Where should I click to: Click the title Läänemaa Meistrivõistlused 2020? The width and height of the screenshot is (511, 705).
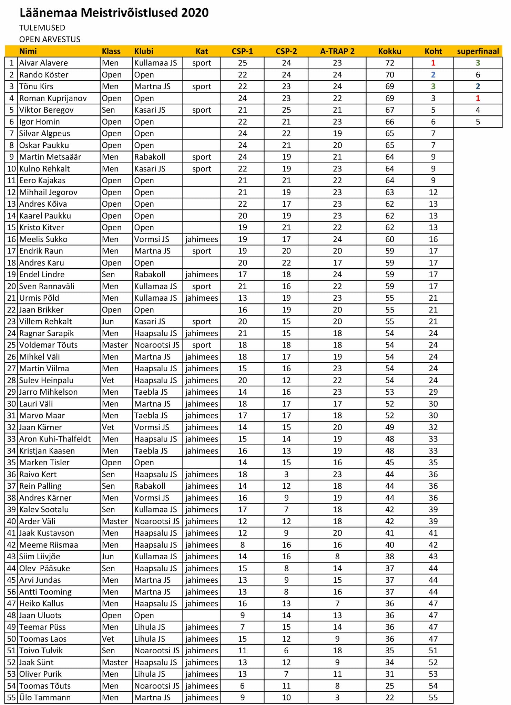(x=114, y=13)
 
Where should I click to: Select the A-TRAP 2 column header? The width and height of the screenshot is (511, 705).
(x=337, y=51)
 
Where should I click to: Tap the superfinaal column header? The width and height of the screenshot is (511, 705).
(x=478, y=51)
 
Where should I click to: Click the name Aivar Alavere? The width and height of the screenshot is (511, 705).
(x=43, y=63)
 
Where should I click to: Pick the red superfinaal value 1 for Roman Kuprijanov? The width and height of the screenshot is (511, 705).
(x=478, y=99)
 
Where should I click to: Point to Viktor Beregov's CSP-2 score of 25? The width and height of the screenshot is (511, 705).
(x=286, y=110)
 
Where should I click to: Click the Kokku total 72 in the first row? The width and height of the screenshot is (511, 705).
(x=389, y=63)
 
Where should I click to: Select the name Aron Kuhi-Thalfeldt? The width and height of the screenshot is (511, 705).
(x=55, y=439)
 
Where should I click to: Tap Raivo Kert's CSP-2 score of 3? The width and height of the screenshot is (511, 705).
(x=286, y=474)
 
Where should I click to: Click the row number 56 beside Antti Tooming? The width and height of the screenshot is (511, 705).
(x=12, y=592)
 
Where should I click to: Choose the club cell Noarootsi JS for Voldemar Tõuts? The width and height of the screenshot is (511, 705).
(x=157, y=345)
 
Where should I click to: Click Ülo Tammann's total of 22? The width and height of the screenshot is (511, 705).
(x=389, y=697)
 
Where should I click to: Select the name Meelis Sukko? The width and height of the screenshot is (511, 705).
(x=43, y=239)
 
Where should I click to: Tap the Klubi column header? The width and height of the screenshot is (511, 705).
(x=144, y=51)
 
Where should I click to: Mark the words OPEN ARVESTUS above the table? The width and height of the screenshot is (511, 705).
(x=50, y=39)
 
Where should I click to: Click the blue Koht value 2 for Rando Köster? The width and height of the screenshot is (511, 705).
(x=433, y=75)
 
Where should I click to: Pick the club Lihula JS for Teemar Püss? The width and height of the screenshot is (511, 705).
(x=150, y=627)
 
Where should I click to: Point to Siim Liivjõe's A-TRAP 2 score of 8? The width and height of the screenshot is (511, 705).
(x=337, y=557)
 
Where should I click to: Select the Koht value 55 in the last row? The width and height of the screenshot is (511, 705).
(x=433, y=697)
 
